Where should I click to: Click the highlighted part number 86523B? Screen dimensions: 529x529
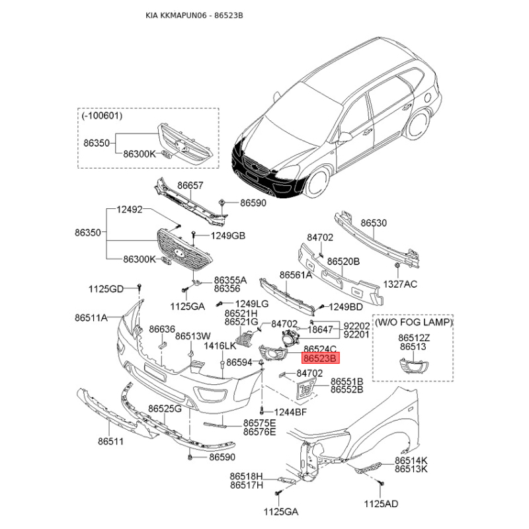(320, 358)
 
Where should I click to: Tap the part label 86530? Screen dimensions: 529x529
(374, 223)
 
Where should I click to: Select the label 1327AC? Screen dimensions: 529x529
(400, 284)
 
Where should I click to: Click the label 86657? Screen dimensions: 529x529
(190, 185)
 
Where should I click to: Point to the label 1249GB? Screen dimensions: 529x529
(228, 235)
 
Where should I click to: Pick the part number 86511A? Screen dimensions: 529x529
(91, 317)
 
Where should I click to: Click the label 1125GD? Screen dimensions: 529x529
(106, 289)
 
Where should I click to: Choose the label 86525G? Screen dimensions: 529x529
(165, 409)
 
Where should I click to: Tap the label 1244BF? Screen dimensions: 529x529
(290, 412)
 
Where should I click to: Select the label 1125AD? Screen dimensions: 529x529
(382, 504)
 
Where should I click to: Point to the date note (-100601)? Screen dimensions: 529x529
(102, 116)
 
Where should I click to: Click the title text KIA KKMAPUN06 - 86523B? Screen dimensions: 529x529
(194, 15)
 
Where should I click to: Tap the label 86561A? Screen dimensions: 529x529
(296, 275)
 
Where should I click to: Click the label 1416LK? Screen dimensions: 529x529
(220, 346)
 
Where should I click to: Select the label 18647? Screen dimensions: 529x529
(320, 329)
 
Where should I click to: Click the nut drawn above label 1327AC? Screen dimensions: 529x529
(397, 265)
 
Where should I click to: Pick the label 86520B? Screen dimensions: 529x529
(343, 261)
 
